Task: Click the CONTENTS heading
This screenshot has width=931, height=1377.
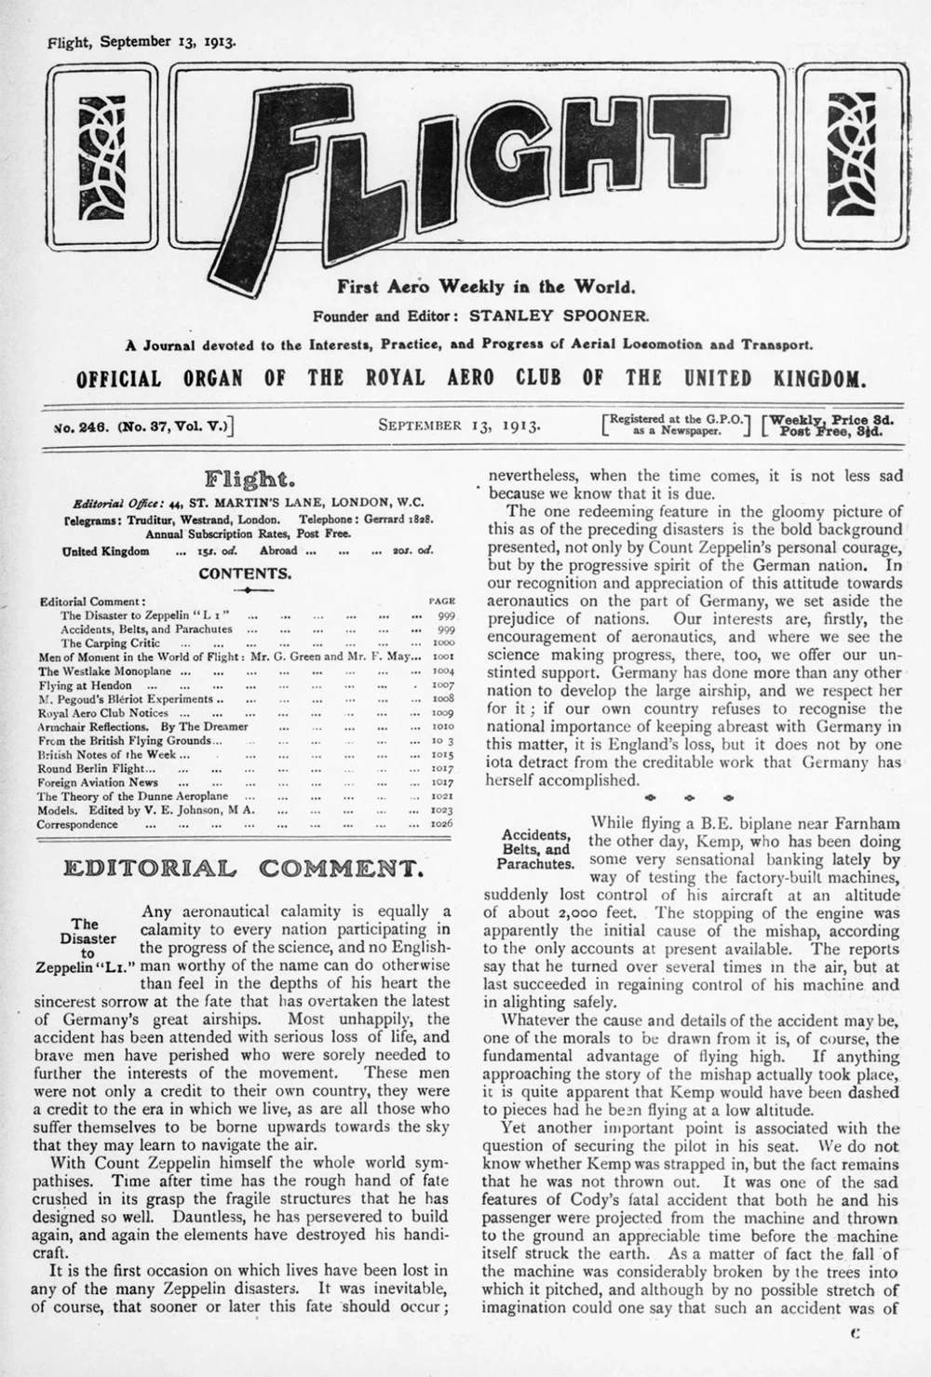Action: (245, 574)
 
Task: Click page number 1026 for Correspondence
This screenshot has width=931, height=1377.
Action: (441, 824)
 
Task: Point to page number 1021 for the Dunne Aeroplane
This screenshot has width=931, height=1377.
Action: (441, 797)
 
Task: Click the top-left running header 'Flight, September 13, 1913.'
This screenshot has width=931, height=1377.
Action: (141, 42)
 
